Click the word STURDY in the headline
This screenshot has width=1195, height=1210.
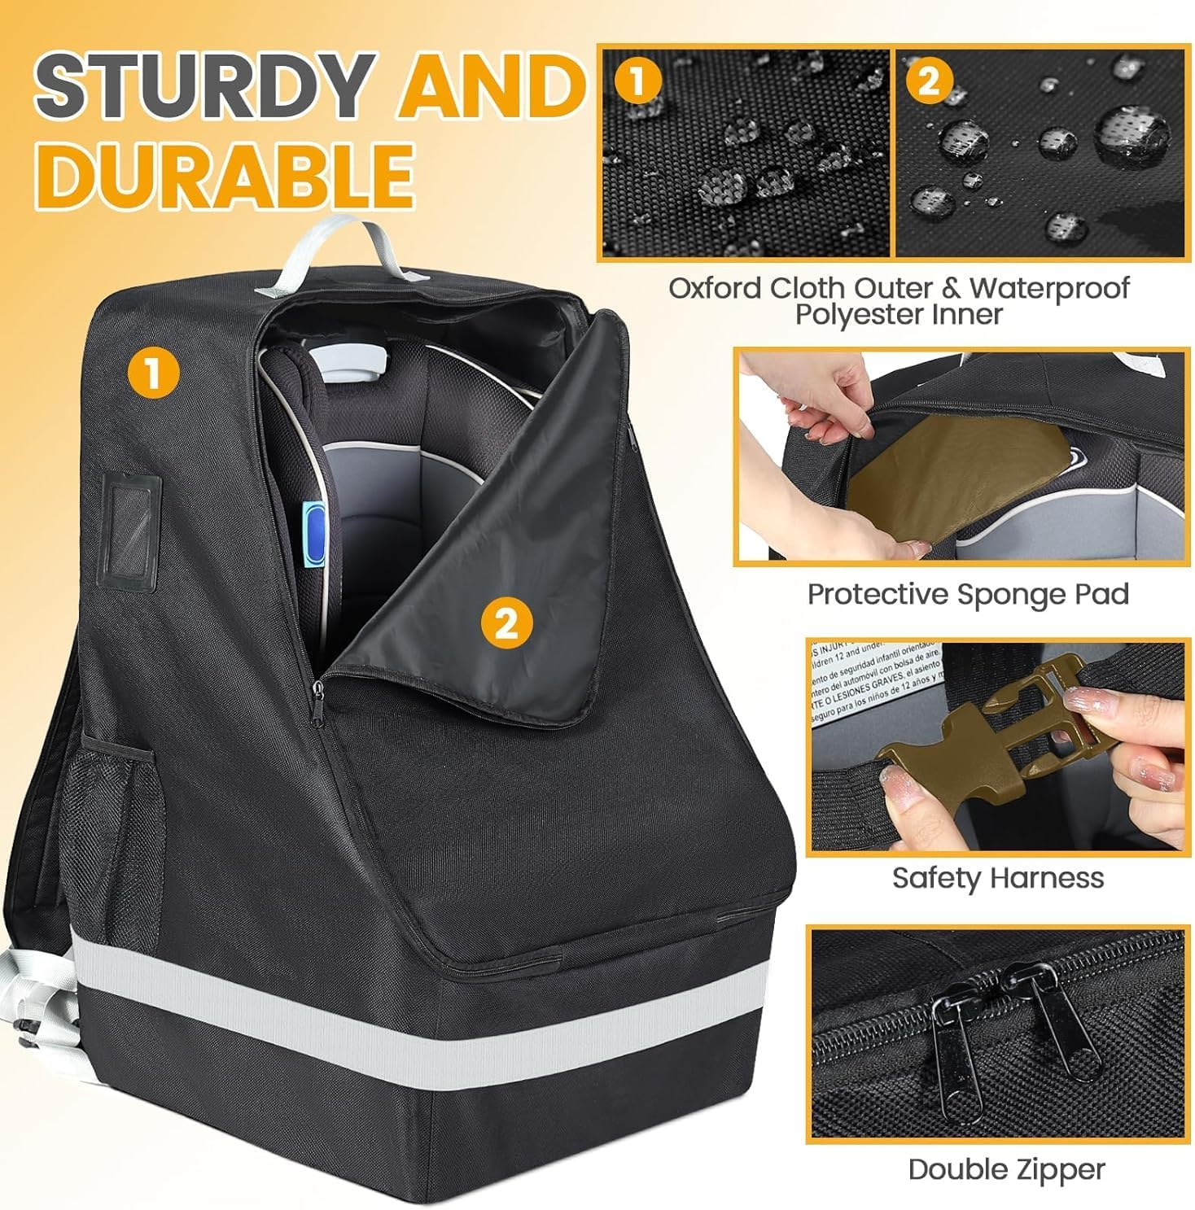click(x=204, y=85)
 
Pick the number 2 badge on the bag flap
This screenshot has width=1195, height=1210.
click(x=506, y=624)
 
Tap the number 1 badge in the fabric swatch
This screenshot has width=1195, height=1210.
click(x=638, y=81)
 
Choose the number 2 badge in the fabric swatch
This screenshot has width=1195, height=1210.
click(x=929, y=81)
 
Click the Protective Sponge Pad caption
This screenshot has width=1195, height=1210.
click(x=967, y=594)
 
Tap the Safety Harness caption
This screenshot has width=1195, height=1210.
click(x=997, y=878)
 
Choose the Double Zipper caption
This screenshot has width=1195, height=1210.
click(x=1006, y=1169)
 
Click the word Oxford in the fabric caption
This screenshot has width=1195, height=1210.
click(x=716, y=288)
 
